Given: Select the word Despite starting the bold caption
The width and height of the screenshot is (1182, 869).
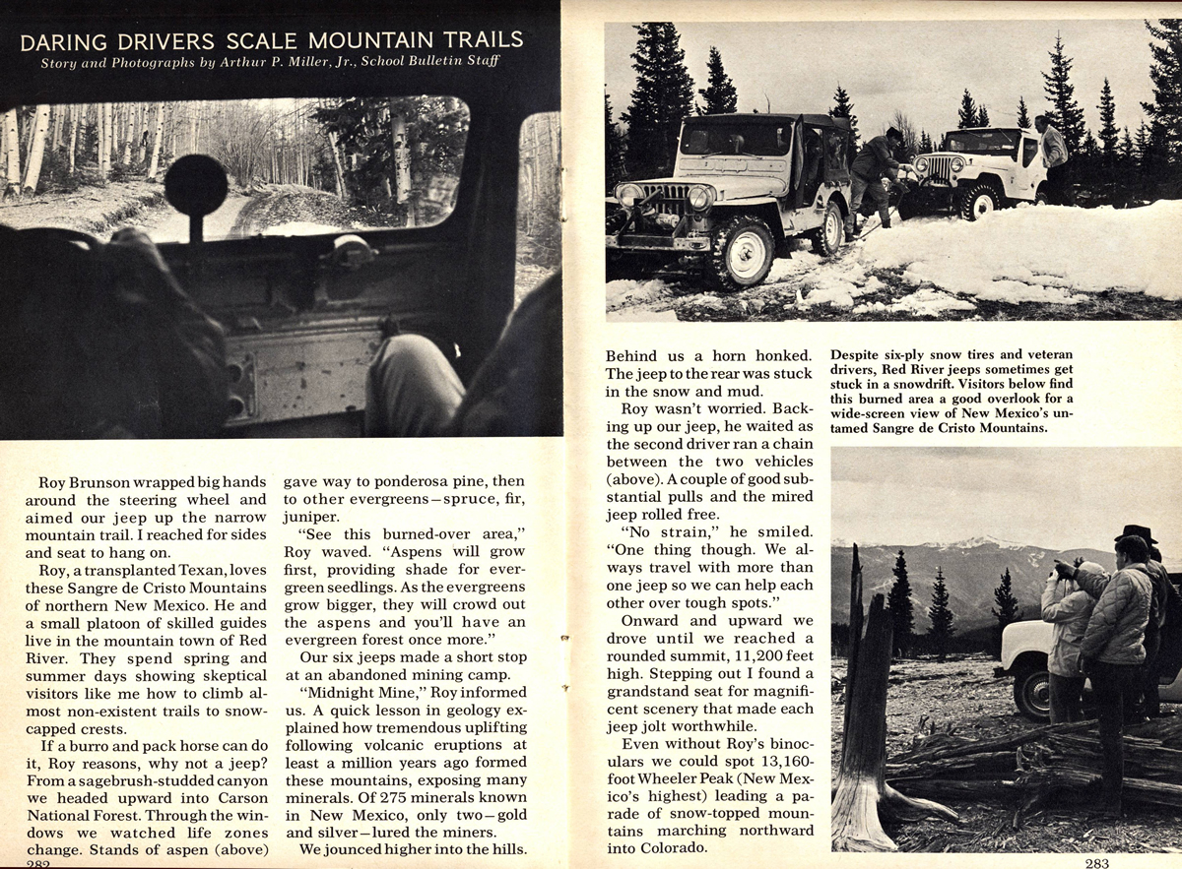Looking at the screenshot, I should [x=858, y=353].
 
